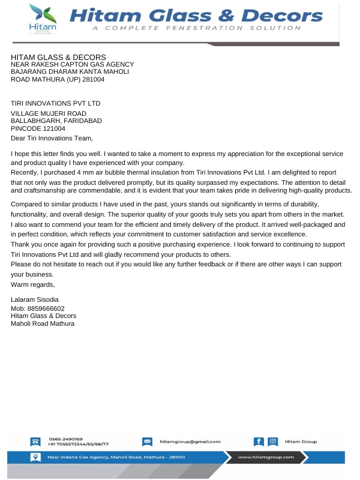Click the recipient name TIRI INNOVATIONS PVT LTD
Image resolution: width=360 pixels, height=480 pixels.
(56, 103)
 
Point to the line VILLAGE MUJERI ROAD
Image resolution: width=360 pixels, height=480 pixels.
(49, 113)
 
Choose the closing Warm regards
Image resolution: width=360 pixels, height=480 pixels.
(33, 284)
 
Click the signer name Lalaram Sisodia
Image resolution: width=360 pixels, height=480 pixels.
(35, 299)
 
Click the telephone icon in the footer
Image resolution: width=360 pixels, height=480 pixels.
(35, 442)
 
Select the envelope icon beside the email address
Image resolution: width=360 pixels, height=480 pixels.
(147, 442)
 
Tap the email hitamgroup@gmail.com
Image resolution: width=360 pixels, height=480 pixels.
(190, 442)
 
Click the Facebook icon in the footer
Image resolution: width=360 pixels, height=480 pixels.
(259, 442)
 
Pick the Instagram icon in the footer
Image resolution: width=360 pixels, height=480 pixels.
(273, 442)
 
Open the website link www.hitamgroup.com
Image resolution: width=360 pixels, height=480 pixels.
(266, 457)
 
